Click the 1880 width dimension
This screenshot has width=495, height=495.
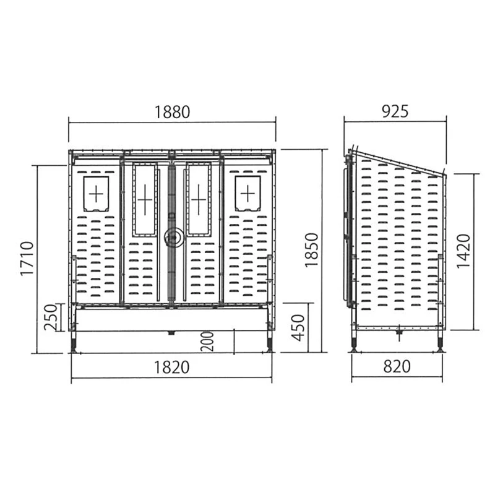tap(173, 112)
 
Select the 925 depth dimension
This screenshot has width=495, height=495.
tap(395, 111)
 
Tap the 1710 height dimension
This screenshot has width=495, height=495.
tap(27, 259)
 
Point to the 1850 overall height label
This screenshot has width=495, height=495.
tap(312, 250)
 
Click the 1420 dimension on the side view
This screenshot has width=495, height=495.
tap(463, 251)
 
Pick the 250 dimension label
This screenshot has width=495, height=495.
tap(50, 317)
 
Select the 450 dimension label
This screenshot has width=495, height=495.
tap(298, 328)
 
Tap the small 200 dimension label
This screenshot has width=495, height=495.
tap(207, 342)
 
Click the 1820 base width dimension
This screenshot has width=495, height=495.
tap(172, 367)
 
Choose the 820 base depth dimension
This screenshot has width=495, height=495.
tap(397, 366)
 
